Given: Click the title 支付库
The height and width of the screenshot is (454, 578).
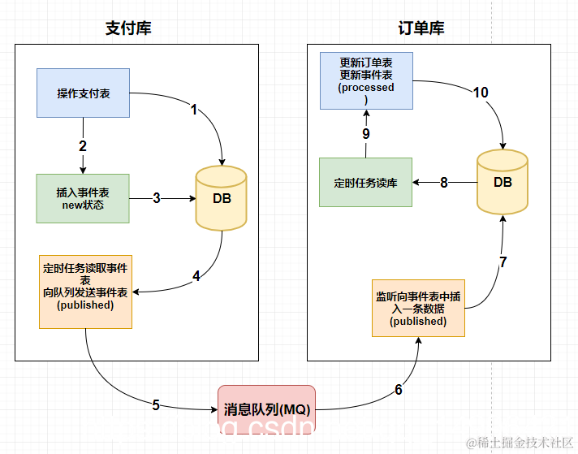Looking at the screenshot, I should (x=128, y=28).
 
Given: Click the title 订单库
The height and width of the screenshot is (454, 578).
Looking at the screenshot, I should (x=421, y=28).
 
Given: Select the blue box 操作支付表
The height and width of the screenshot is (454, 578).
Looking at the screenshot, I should (x=84, y=93).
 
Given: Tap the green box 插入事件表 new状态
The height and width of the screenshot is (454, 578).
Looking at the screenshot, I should (x=83, y=198).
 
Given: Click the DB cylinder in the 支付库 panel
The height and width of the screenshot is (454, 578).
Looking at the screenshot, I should (x=221, y=199).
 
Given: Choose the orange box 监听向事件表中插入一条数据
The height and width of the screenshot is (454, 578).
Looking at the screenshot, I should (x=418, y=308).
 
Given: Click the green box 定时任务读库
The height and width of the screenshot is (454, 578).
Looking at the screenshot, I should (x=365, y=183).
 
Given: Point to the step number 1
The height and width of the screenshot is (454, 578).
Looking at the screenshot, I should (x=194, y=110).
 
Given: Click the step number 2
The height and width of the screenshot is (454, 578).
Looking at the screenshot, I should (x=83, y=146).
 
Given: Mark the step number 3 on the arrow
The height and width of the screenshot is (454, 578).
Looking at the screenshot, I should (x=157, y=197).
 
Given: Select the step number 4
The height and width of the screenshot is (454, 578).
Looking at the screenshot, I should (x=196, y=276).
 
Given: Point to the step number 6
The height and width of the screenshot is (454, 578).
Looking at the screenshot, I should (x=399, y=390).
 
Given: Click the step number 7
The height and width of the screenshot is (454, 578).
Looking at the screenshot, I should (x=503, y=262).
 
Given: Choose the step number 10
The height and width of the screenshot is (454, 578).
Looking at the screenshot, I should (x=481, y=93).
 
